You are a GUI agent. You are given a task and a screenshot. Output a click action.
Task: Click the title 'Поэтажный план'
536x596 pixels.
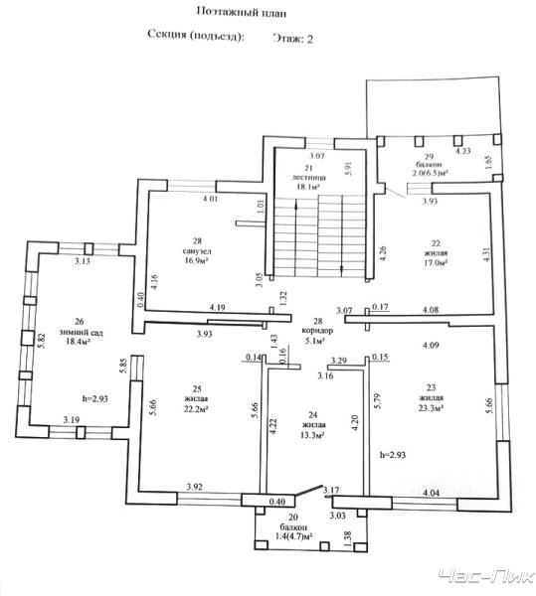tap(242, 12)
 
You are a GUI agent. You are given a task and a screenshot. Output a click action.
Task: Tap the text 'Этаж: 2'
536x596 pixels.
tap(292, 39)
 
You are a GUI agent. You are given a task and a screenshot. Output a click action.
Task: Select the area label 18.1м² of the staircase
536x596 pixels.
tap(307, 187)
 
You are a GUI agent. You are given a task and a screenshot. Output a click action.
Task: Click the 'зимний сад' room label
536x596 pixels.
tap(81, 332)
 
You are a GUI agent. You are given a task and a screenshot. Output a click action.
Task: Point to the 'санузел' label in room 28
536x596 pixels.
tap(197, 251)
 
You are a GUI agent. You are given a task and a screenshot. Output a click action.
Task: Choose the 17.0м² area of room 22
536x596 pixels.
tap(436, 262)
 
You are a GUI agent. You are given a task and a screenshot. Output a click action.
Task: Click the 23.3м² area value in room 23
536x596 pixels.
tap(431, 408)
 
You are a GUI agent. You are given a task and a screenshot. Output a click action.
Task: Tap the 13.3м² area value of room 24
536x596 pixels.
tap(312, 435)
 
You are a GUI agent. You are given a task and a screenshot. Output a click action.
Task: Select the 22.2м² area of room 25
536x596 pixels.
tap(196, 409)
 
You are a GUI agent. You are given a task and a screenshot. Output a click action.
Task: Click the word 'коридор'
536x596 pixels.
tap(317, 331)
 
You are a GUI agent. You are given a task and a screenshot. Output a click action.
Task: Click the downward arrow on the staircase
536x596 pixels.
tap(342, 234)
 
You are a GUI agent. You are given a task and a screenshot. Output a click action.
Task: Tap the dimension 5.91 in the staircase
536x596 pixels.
tap(349, 169)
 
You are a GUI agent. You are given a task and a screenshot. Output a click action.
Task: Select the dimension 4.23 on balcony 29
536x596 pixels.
tap(463, 151)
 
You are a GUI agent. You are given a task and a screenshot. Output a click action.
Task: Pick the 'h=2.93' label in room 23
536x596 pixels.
tap(393, 455)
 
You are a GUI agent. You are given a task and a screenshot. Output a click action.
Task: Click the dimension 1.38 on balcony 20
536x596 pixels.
tap(347, 539)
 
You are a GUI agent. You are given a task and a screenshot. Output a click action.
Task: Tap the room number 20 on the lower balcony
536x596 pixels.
tap(293, 518)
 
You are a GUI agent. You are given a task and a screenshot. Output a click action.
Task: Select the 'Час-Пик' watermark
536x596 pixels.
tap(485, 576)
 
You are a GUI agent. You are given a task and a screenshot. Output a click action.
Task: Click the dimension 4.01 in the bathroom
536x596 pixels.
tap(210, 198)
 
